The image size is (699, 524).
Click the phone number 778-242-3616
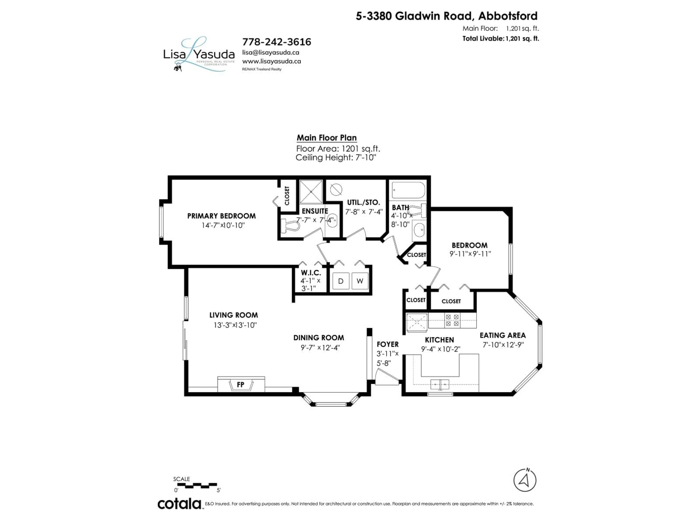277,42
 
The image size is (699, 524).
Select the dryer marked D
341,281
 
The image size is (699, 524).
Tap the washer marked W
360,281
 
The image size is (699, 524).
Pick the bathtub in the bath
408,190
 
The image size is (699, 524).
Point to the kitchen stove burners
452,320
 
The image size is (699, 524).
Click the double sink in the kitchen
440,384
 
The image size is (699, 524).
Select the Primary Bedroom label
222,216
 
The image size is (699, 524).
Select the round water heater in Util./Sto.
336,190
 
